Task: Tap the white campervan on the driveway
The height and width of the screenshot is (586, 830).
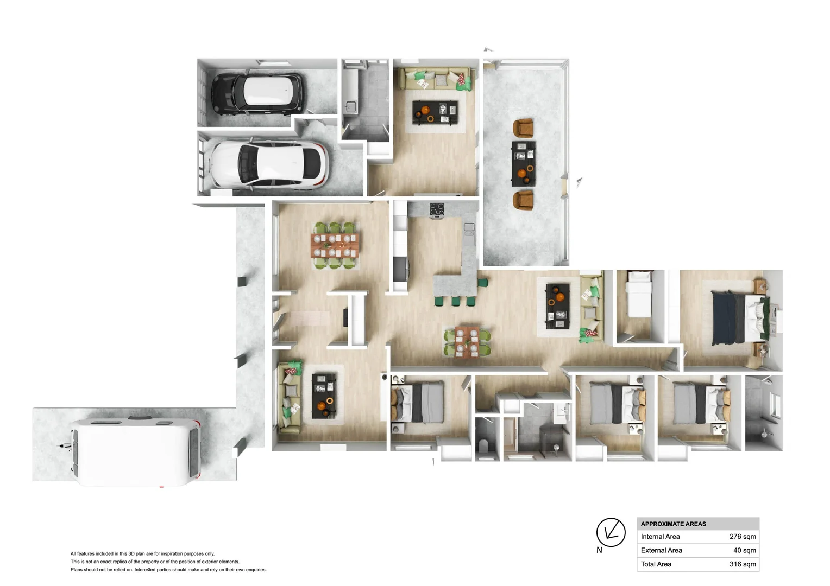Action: coord(136,451)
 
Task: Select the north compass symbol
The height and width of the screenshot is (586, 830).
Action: coord(611,533)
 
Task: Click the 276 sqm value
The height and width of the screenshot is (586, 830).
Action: coord(742,537)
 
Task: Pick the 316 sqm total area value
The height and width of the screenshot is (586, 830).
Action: coord(742,564)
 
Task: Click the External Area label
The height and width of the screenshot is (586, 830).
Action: coord(661,550)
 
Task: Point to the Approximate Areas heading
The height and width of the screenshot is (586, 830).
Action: coord(673,524)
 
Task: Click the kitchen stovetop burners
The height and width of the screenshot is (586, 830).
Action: coord(437,209)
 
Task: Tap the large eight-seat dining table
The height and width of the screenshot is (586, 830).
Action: coord(334,245)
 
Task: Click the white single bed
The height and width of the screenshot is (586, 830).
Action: coord(639,296)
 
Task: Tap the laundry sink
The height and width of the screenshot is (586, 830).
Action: coord(350,107)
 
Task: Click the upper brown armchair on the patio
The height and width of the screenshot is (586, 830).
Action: coord(523,128)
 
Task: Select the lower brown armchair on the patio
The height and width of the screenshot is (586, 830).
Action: coord(523,199)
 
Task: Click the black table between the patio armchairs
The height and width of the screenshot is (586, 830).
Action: coord(523,163)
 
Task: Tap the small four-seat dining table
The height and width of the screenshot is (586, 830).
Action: coord(467,342)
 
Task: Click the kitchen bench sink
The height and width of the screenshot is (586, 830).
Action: coord(469,228)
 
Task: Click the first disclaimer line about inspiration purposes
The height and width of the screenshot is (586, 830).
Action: coord(142,554)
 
